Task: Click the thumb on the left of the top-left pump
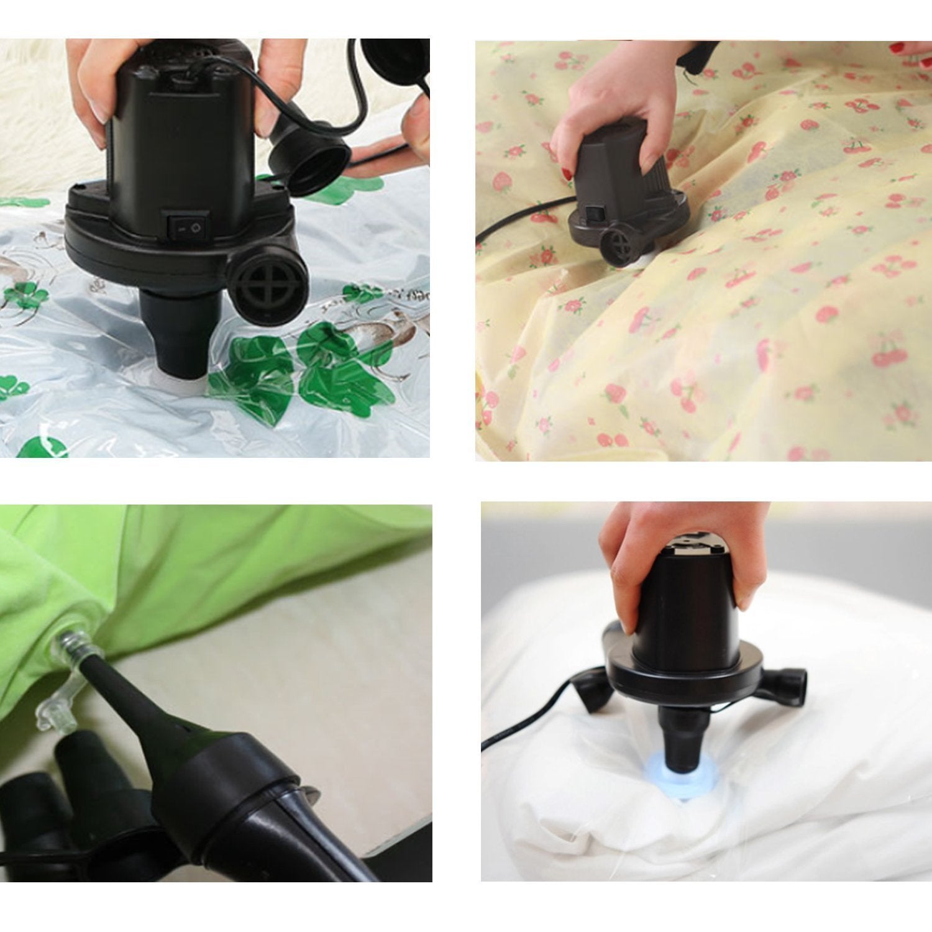point(93,87)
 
